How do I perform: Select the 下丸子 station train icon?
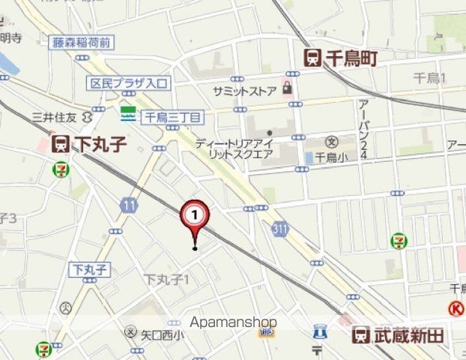(x=61, y=143)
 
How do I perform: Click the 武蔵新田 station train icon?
(x=362, y=335)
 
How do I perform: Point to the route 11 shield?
(x=130, y=204)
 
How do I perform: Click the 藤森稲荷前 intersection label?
(x=82, y=43)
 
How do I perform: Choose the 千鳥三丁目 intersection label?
(x=173, y=117)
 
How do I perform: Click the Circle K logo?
(x=456, y=307)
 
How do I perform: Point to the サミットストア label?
(x=244, y=90)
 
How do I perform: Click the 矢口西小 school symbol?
(x=132, y=331)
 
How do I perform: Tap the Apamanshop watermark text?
(x=233, y=322)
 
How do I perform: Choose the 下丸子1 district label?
(x=167, y=279)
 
